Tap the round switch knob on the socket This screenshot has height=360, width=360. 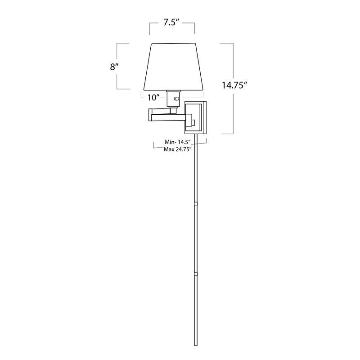pos(176,99)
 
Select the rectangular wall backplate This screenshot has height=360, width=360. pos(197,117)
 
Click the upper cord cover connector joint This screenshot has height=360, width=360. pos(196,204)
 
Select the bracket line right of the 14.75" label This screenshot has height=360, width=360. pos(233,88)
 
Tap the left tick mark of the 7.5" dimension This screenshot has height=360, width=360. pos(150,28)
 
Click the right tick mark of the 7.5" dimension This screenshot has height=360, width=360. pos(194,28)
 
